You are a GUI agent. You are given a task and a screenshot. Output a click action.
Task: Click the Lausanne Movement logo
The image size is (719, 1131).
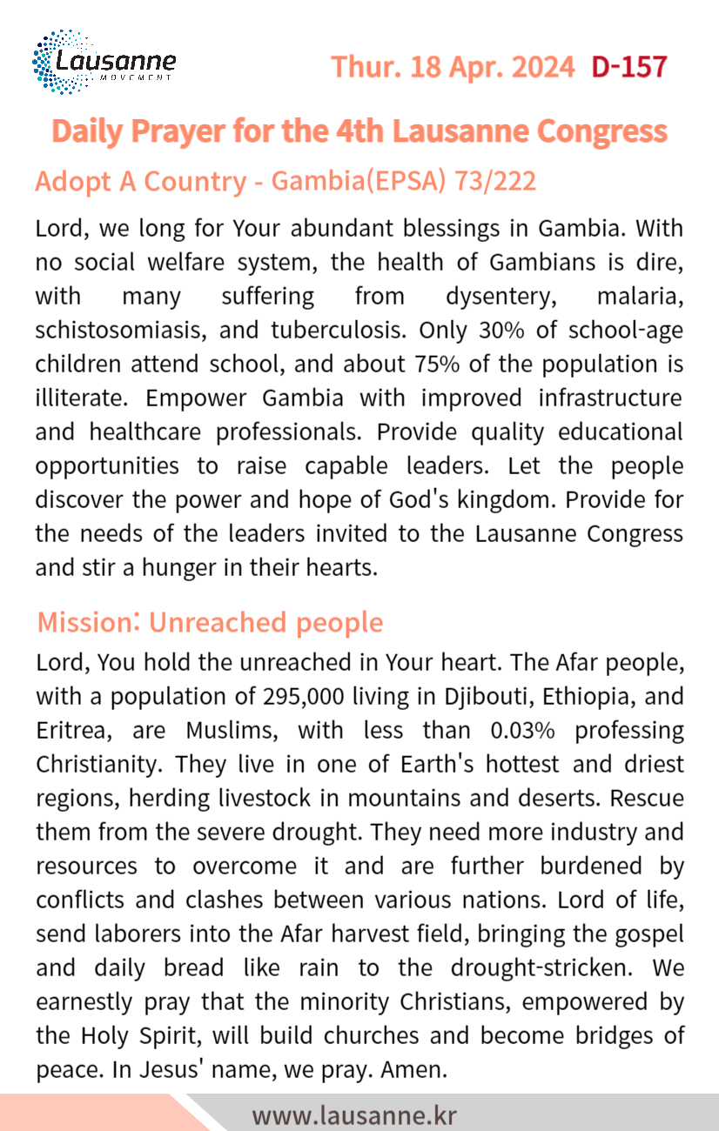104,63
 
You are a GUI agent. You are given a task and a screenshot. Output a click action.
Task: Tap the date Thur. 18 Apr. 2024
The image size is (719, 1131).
453,66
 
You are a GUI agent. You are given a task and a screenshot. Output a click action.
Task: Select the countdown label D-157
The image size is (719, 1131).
629,66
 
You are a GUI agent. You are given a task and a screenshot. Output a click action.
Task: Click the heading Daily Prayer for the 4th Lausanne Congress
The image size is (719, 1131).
359,131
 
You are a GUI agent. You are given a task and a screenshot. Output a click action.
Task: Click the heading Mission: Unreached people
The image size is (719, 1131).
210,623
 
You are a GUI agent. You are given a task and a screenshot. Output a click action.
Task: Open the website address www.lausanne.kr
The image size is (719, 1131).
353,1114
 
